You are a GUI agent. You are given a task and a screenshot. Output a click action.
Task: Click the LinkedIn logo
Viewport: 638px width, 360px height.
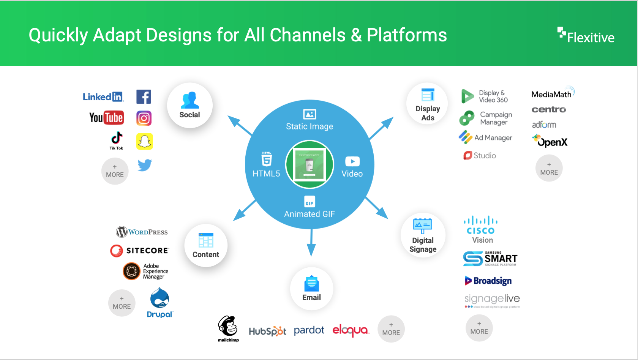click(103, 97)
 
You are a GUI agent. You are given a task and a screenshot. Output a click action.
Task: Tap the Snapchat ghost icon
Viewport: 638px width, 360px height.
click(145, 141)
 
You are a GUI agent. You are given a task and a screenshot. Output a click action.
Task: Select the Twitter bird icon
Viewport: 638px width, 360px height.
click(145, 165)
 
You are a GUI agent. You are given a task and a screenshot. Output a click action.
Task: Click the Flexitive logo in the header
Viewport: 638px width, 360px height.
click(586, 36)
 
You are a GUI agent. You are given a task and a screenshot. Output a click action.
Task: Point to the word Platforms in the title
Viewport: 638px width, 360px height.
click(407, 35)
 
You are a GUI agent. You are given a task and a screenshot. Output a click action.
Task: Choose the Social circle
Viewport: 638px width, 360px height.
click(190, 105)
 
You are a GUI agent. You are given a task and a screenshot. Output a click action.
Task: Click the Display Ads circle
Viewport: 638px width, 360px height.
click(427, 104)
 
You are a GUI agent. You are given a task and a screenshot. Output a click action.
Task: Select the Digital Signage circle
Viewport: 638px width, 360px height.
click(423, 235)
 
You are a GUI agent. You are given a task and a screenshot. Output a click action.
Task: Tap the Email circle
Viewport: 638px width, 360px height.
click(311, 289)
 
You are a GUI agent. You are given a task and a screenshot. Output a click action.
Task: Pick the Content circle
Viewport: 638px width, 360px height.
click(205, 245)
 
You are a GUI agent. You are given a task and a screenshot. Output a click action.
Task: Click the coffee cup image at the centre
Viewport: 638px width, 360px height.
click(310, 165)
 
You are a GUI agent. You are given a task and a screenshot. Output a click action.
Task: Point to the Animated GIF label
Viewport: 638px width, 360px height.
click(310, 214)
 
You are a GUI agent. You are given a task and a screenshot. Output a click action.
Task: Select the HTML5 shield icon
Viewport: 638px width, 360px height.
click(267, 159)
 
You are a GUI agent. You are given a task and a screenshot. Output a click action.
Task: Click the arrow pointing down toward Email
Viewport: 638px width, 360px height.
click(311, 243)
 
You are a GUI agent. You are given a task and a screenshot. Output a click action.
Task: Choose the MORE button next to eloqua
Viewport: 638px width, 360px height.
click(391, 329)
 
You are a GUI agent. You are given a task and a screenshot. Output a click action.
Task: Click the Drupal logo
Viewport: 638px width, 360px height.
click(159, 302)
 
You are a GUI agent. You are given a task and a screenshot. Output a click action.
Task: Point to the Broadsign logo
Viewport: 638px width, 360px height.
click(488, 281)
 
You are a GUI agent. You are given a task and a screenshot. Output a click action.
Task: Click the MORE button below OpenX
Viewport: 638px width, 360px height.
click(549, 168)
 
